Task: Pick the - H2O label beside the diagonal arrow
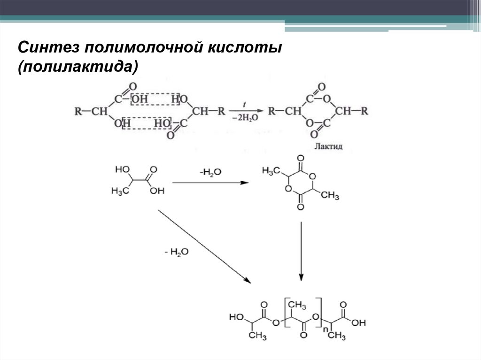177,252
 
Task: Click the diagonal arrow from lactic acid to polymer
204,246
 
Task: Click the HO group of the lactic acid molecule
122,168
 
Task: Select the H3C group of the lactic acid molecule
120,191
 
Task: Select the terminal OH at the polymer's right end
358,323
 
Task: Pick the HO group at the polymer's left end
236,317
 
